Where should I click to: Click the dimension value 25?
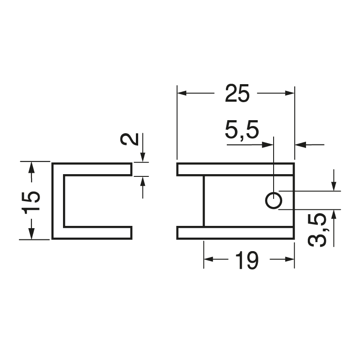pyautogui.click(x=237, y=94)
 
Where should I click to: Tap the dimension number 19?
pyautogui.click(x=246, y=260)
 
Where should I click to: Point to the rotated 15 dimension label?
pyautogui.click(x=31, y=201)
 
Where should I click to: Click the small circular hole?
pyautogui.click(x=273, y=200)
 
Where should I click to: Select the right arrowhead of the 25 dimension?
pyautogui.click(x=290, y=94)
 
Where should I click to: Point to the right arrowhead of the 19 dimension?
pyautogui.click(x=290, y=259)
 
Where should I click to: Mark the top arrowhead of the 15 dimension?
pyautogui.click(x=31, y=166)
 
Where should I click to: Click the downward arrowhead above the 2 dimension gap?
pyautogui.click(x=143, y=157)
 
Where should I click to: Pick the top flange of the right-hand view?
pyautogui.click(x=235, y=169)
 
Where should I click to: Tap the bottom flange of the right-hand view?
pyautogui.click(x=235, y=233)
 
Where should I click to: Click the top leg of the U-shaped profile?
pyautogui.click(x=92, y=169)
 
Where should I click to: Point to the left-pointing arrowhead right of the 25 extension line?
pyautogui.click(x=300, y=145)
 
